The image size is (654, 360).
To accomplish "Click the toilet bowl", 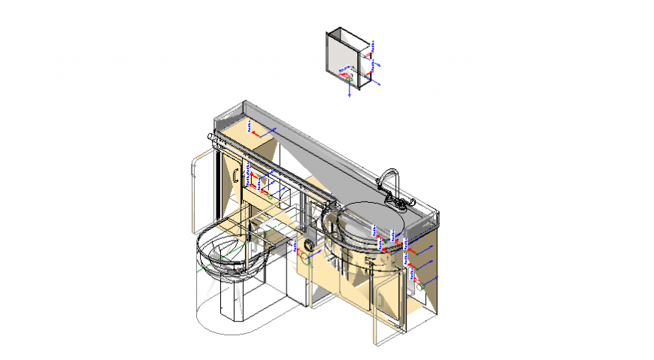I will click(x=224, y=252).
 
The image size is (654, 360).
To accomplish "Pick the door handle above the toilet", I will click(x=236, y=174).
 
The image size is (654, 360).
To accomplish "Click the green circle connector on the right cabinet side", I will click(x=422, y=286).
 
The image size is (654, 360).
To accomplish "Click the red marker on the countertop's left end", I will click(x=253, y=133).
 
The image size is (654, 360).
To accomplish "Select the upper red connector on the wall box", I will click(x=371, y=54).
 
